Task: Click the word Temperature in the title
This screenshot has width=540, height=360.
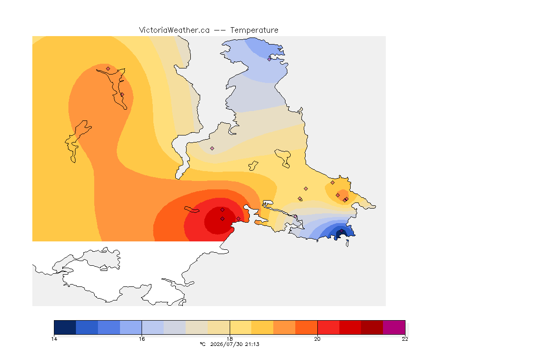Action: (x=254, y=30)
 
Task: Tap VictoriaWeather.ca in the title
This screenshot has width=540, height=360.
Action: (x=174, y=30)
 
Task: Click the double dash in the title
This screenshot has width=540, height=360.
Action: (x=220, y=30)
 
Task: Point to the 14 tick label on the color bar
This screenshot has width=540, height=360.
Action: (x=54, y=339)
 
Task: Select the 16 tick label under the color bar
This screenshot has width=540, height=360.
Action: (x=142, y=339)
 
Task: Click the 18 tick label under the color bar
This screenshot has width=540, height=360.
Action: (x=230, y=339)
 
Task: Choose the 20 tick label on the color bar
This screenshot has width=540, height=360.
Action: (x=317, y=339)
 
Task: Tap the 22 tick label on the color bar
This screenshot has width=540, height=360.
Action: (x=405, y=339)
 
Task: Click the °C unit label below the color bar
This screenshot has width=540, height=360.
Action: (x=203, y=344)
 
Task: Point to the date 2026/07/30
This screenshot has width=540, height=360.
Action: (x=226, y=344)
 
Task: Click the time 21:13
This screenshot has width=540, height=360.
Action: (x=252, y=344)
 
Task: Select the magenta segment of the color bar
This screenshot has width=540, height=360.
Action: (x=394, y=327)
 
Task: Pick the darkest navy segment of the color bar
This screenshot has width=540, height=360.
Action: (x=65, y=327)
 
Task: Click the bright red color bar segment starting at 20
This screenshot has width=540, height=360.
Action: (x=328, y=327)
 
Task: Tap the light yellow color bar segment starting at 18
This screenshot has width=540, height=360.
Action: (x=241, y=327)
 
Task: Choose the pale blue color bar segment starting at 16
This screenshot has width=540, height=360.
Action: (x=153, y=327)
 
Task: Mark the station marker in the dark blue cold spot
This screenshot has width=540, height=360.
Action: (x=341, y=231)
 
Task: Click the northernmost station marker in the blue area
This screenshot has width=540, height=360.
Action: (x=270, y=59)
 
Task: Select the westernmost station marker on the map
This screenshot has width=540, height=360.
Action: (x=108, y=68)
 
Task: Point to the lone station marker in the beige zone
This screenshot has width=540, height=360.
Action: (x=212, y=149)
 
